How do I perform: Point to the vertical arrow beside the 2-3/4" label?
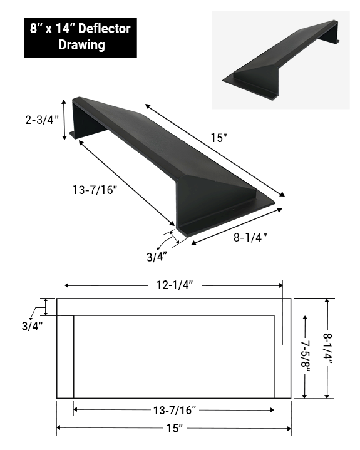64,119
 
